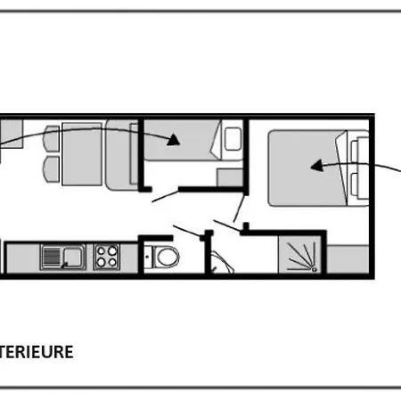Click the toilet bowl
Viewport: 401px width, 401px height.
[168, 257]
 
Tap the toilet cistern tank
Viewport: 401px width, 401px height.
[148, 257]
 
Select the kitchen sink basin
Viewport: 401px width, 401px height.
[72, 256]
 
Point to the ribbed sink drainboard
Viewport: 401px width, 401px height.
[52, 257]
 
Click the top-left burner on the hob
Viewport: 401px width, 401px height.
[102, 251]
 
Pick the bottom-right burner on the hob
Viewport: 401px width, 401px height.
[112, 262]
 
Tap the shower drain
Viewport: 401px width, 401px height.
[315, 270]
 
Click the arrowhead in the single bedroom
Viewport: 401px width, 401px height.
[174, 140]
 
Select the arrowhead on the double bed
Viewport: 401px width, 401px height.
[316, 166]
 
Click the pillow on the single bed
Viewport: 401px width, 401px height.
[233, 139]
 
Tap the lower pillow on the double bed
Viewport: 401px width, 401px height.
[360, 185]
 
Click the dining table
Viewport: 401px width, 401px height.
[82, 154]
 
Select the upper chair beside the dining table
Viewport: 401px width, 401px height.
[52, 140]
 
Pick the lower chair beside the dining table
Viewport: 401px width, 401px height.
[52, 169]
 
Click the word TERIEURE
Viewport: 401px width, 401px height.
[36, 352]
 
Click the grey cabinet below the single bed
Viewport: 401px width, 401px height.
[230, 177]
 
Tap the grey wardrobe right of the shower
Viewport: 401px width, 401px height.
[348, 259]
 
